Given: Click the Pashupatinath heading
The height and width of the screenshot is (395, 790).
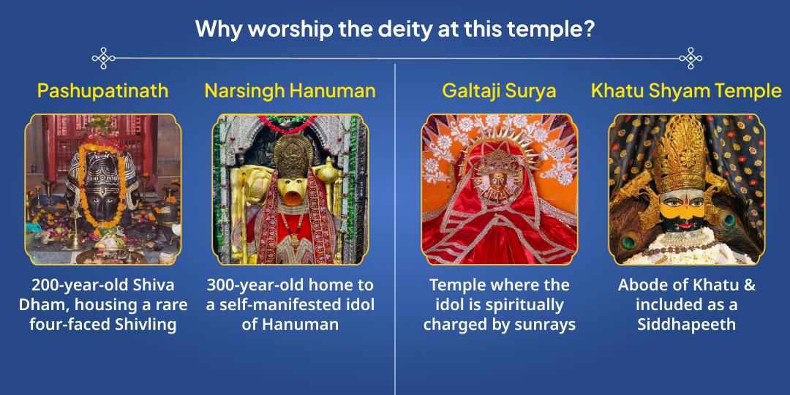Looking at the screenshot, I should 102,91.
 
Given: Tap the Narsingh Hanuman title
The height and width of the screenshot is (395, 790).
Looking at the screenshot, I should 290,91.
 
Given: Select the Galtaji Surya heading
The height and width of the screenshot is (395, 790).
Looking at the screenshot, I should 499,91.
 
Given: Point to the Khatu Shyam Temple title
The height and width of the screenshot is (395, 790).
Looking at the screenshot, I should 686,91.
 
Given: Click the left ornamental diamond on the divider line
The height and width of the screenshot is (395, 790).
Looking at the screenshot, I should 104,58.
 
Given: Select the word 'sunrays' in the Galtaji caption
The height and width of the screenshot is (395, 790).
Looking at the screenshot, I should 545,324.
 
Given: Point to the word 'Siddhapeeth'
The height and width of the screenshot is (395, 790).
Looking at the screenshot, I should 686,324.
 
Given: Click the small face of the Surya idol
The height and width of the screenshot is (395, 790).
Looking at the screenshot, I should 499,178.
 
